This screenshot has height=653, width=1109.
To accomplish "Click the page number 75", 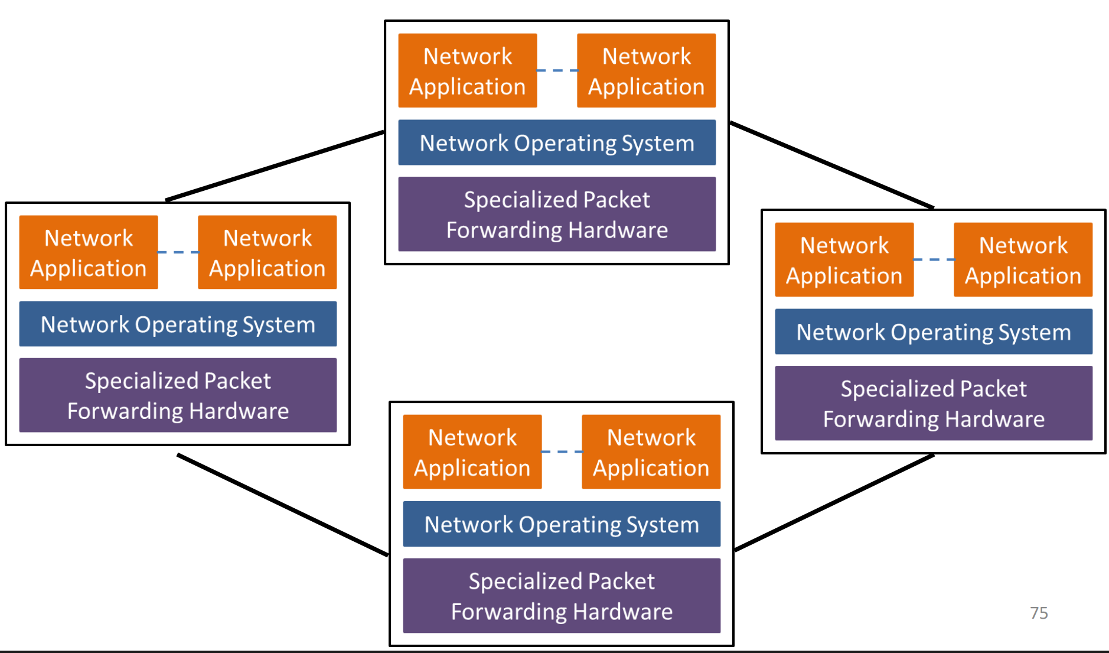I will click(x=1039, y=613).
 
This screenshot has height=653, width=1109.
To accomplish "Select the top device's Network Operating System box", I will click(x=557, y=143).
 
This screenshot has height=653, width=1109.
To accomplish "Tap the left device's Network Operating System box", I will click(x=178, y=324).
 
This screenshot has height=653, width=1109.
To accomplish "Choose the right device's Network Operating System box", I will click(x=934, y=332).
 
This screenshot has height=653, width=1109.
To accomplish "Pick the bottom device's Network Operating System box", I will click(x=562, y=524).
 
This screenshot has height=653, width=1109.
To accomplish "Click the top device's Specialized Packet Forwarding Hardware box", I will click(x=557, y=215).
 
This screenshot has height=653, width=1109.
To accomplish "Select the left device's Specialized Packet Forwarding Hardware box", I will click(x=178, y=395).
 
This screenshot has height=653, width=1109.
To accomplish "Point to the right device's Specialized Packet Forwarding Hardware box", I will click(x=934, y=404).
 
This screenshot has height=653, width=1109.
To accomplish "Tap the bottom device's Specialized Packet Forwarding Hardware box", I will click(x=562, y=596).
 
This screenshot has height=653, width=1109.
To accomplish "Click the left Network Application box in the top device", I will click(x=468, y=71).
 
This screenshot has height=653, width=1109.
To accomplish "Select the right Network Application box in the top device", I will click(x=646, y=71).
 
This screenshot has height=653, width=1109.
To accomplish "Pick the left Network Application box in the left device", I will click(x=89, y=252).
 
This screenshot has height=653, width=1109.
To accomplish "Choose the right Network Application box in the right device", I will click(x=1023, y=260).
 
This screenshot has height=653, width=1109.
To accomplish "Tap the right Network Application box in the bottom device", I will click(x=651, y=452).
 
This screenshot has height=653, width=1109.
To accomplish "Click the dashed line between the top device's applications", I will click(x=557, y=70).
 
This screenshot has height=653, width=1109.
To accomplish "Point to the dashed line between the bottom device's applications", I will click(x=562, y=451).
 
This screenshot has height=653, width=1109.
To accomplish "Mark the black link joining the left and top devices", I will click(x=275, y=166).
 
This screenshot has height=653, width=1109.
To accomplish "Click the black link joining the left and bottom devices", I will click(x=282, y=505).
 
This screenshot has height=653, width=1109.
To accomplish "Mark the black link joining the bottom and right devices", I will click(x=834, y=503).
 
